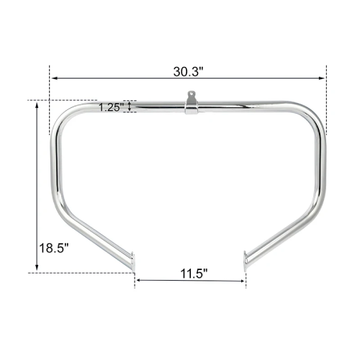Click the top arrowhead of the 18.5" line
pyautogui.click(x=37, y=103)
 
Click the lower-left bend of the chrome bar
pyautogui.click(x=59, y=210)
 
